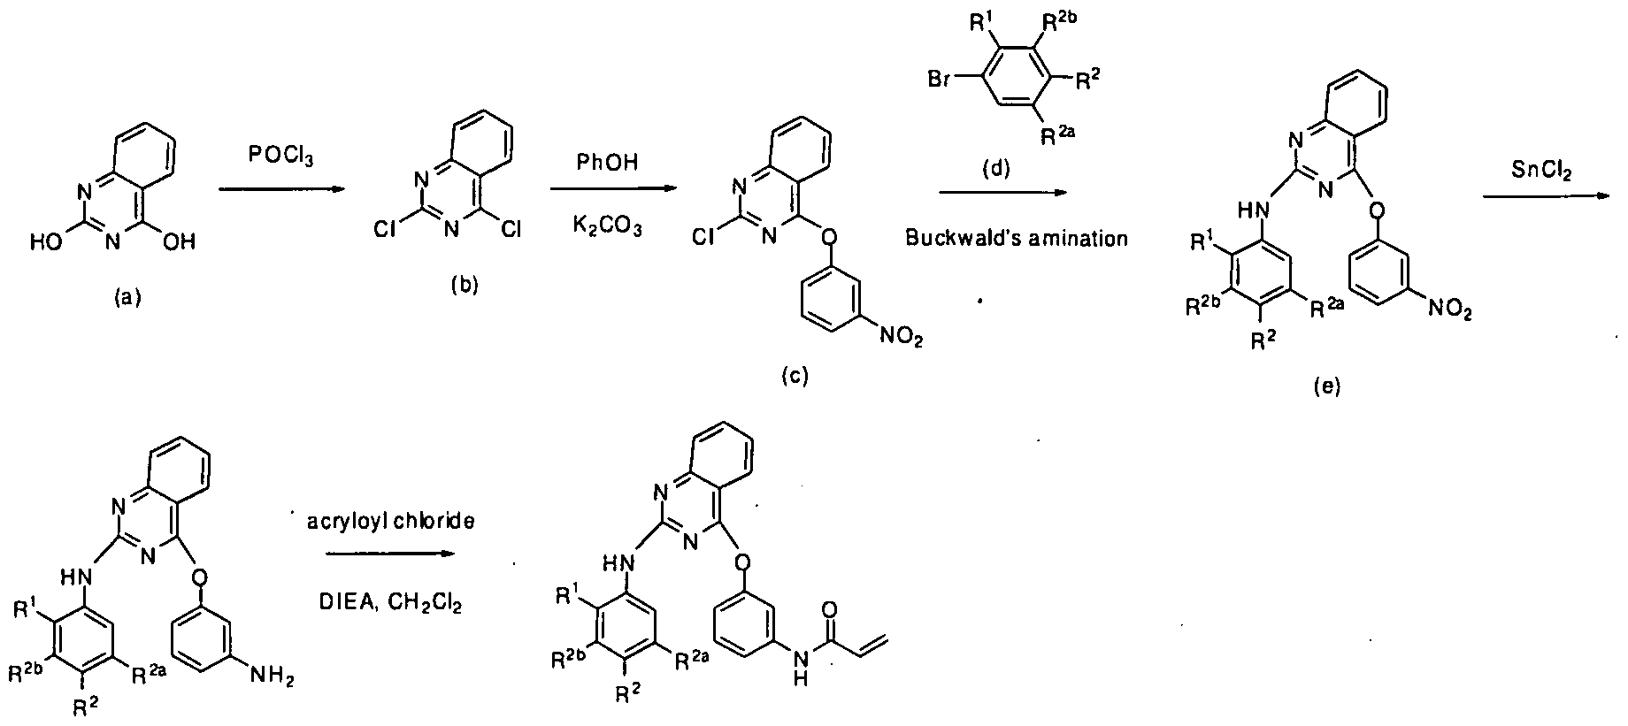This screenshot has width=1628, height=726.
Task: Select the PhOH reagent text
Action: [606, 163]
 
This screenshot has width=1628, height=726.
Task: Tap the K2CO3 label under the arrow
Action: [607, 229]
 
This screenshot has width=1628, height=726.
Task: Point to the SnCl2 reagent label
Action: [1541, 172]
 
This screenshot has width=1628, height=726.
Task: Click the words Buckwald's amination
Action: [1017, 238]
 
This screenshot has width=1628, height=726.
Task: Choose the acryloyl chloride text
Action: [391, 522]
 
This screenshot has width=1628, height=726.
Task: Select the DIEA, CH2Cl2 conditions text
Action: [390, 604]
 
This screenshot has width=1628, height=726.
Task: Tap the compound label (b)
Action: [464, 286]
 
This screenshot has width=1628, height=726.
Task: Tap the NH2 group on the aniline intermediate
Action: [272, 676]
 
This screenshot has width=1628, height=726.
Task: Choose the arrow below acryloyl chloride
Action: [390, 554]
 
